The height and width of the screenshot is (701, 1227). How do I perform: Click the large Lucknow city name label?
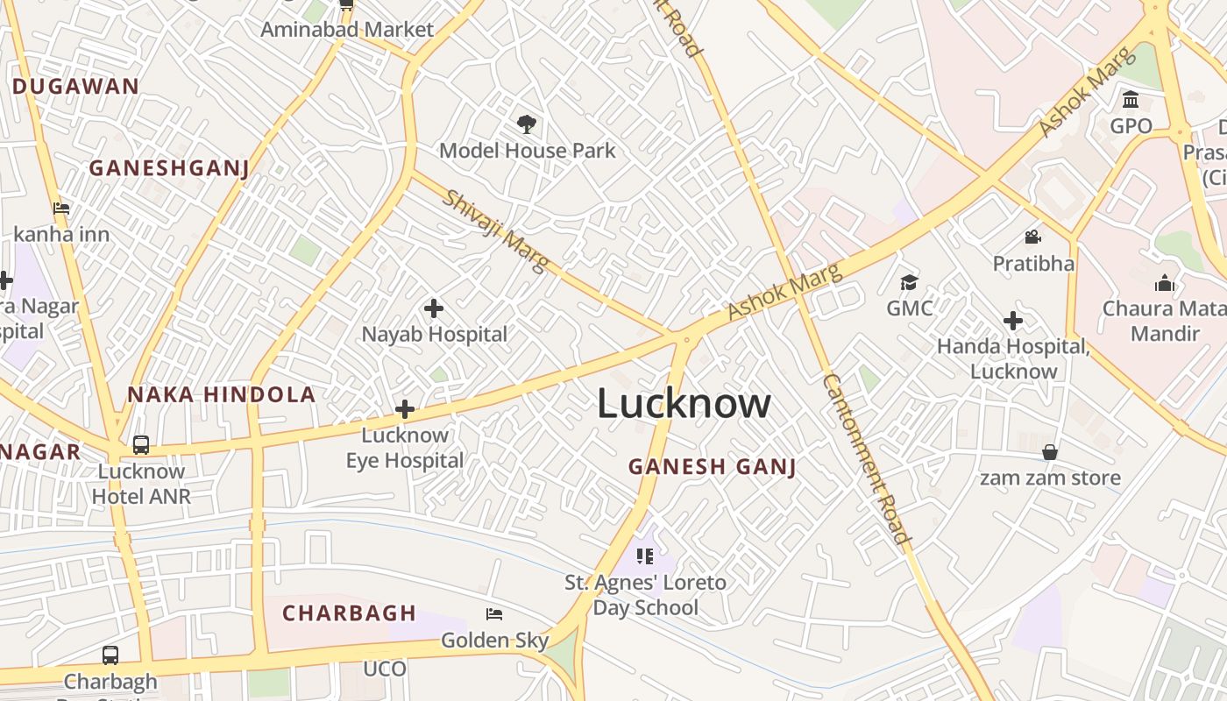click(684, 404)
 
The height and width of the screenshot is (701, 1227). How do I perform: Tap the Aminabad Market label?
click(347, 30)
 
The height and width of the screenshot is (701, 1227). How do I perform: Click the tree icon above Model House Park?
click(526, 124)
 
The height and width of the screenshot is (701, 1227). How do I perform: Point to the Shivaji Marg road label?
click(496, 230)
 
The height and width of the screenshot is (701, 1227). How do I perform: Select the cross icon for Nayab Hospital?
click(433, 308)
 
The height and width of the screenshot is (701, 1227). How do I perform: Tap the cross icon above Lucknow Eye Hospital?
click(404, 409)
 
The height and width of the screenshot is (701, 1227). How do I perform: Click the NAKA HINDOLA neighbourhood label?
click(222, 394)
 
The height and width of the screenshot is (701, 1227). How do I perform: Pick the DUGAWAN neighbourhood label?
click(75, 86)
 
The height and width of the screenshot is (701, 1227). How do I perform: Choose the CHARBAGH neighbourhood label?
click(349, 613)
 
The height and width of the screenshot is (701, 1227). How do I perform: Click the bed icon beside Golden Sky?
click(494, 614)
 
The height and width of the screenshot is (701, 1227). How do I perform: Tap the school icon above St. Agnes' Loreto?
click(645, 556)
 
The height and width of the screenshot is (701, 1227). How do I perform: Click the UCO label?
click(385, 669)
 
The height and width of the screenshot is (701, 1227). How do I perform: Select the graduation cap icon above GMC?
click(909, 282)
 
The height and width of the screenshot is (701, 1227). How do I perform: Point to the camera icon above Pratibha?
click(1032, 237)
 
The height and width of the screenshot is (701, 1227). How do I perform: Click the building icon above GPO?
click(1131, 99)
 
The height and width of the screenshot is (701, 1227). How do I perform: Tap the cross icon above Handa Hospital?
click(1013, 321)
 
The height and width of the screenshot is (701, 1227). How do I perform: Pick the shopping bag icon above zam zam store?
click(1049, 452)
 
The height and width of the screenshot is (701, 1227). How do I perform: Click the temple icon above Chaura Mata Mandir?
click(1164, 282)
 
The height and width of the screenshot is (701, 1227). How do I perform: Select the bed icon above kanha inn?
click(61, 209)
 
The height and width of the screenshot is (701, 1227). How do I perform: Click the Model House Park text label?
click(528, 151)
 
